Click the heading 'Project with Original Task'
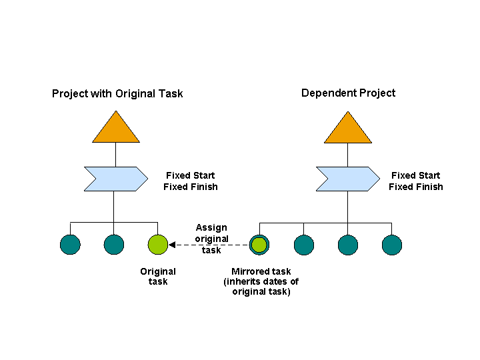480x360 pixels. pos(117,93)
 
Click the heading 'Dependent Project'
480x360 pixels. pos(348,93)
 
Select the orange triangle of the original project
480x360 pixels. pos(116,130)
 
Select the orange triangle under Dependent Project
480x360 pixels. pos(348,130)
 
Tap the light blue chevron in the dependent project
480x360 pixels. pos(347,179)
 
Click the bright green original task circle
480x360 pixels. pos(158,245)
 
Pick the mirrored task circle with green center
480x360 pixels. pos(259,245)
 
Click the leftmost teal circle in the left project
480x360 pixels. pos(70,245)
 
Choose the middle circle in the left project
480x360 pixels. pos(114,245)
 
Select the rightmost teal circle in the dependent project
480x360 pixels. pos(392,245)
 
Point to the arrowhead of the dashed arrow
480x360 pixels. pos(172,245)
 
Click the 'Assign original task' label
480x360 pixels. pos(211,239)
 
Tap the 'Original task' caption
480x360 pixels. pos(158,276)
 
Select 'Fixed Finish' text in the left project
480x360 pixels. pos(190,187)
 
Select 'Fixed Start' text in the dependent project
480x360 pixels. pos(415,175)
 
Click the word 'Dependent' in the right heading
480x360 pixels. pos(327,93)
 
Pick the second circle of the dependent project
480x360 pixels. pos(304,245)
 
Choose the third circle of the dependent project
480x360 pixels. pos(348,245)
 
